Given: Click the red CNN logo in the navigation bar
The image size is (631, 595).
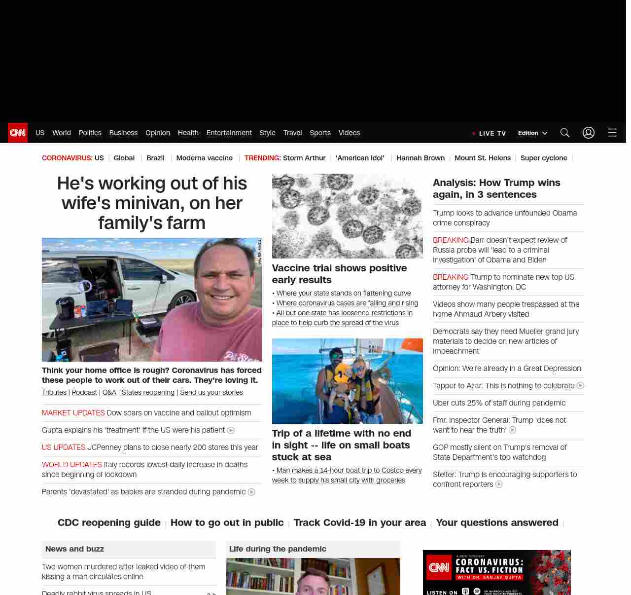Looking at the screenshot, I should [18, 133].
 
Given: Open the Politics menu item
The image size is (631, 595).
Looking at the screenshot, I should [90, 133].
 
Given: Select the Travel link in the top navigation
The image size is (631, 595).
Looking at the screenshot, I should [292, 133].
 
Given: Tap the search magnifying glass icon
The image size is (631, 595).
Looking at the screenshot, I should [564, 133].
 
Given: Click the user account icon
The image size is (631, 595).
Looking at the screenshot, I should [588, 133].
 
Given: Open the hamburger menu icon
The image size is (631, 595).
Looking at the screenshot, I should [612, 133].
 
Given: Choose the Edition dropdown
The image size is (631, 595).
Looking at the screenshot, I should [532, 133].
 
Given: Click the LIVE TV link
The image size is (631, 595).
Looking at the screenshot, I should [490, 133].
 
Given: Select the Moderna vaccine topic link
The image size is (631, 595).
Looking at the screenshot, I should [204, 158].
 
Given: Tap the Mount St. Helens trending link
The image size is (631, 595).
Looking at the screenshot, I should [482, 158].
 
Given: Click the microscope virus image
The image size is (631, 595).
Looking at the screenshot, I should [347, 216].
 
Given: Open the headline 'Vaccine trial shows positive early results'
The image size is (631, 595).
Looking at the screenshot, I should [339, 274].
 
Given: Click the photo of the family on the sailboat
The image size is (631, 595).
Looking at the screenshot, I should [347, 381].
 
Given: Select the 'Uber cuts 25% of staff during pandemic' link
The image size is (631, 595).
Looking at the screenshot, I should [499, 403].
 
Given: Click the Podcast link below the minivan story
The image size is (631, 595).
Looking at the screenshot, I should [84, 392].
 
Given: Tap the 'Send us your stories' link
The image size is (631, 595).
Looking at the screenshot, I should [211, 392].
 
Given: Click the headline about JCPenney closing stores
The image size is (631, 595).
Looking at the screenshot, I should [173, 447].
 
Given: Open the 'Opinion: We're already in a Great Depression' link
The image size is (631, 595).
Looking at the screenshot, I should [507, 369].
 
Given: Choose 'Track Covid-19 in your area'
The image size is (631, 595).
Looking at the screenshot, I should [359, 522].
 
